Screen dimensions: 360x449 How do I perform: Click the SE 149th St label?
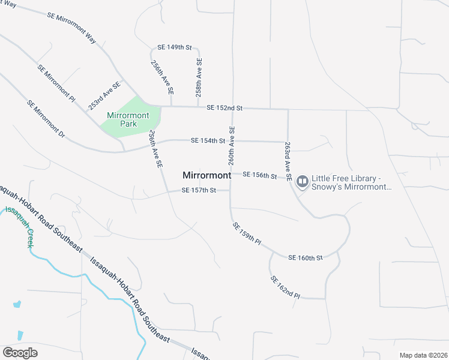click(x=174, y=47)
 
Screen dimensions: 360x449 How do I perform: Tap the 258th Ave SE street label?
click(x=199, y=77)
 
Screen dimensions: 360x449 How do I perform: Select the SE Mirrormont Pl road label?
click(x=56, y=83)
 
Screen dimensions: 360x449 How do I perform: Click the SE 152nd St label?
click(x=224, y=108)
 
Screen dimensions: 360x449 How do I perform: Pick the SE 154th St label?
click(x=208, y=140)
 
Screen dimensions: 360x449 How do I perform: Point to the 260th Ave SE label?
click(x=231, y=146)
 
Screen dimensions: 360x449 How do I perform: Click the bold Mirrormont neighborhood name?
click(x=206, y=175)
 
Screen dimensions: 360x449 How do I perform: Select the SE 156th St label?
click(x=260, y=176)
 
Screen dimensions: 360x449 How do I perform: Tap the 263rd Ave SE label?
click(x=288, y=162)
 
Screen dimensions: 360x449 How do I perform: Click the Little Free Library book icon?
click(x=302, y=181)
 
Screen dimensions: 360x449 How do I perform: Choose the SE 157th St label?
click(x=199, y=190)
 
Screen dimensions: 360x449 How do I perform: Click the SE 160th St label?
click(x=306, y=257)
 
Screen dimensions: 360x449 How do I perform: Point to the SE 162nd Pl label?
click(x=285, y=287)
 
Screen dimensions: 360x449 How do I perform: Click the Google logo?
click(x=20, y=353)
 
